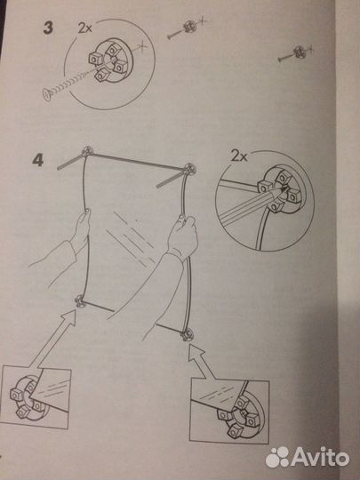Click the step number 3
click(x=48, y=28)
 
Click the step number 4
click(x=38, y=160)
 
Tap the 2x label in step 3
click(x=84, y=28)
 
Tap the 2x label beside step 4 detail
click(x=238, y=156)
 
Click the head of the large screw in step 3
click(x=47, y=93)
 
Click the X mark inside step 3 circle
click(x=142, y=47)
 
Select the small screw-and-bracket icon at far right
click(x=297, y=53)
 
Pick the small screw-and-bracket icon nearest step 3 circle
click(x=187, y=28)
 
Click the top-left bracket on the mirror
click(x=88, y=151)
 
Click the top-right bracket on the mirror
click(x=190, y=168)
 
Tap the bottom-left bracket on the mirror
click(x=79, y=300)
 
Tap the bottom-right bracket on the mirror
click(x=188, y=334)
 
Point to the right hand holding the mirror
click(x=183, y=236)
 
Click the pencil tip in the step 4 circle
click(x=285, y=189)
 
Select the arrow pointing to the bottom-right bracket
click(x=204, y=361)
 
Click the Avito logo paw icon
click(x=276, y=458)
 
